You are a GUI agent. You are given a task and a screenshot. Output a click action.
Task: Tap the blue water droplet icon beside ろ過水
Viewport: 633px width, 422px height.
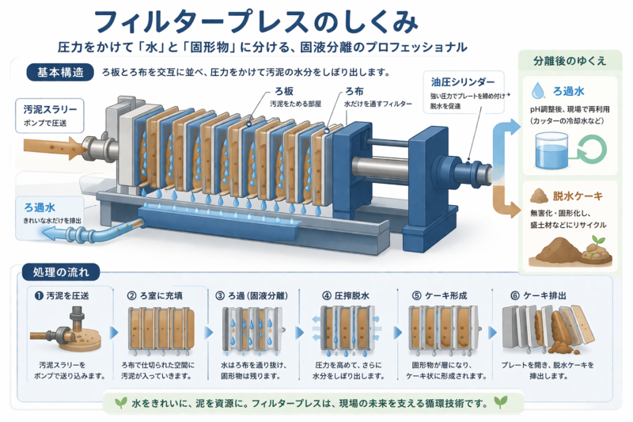pyautogui.click(x=539, y=89)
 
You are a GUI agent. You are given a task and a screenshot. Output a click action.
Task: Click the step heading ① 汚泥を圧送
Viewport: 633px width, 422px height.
pyautogui.click(x=62, y=295)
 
